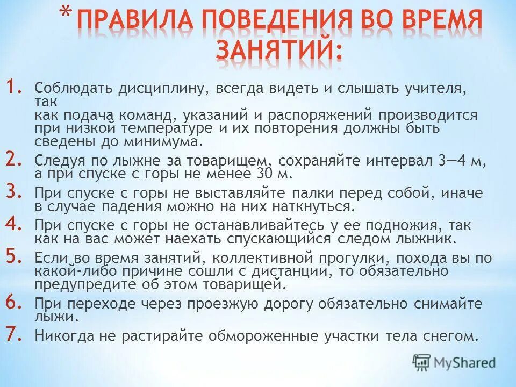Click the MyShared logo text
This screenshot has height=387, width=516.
point(463,363)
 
